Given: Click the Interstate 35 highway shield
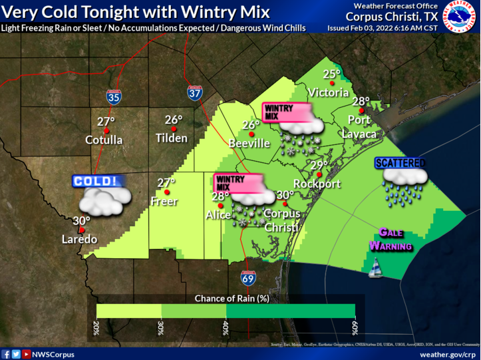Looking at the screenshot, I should (x=114, y=96).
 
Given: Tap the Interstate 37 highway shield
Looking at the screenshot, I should (x=194, y=93).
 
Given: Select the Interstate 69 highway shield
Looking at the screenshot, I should (x=247, y=278).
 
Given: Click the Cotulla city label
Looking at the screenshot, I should (x=104, y=140).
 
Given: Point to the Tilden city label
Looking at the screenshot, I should (x=172, y=138).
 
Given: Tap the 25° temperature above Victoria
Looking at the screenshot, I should (x=331, y=74).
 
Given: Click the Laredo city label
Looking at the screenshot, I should (x=80, y=239).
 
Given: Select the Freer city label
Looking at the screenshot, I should (x=164, y=200).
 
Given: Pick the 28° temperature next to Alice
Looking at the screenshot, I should (x=220, y=196).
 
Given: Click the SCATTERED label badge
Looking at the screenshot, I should (x=400, y=162).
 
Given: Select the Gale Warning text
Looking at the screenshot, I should (x=391, y=240).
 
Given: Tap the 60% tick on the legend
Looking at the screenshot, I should (x=355, y=327).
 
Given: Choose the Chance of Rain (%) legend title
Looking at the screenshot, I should (x=232, y=298).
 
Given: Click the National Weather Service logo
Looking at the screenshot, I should (x=460, y=17).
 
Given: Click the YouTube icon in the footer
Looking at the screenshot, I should (x=26, y=354).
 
